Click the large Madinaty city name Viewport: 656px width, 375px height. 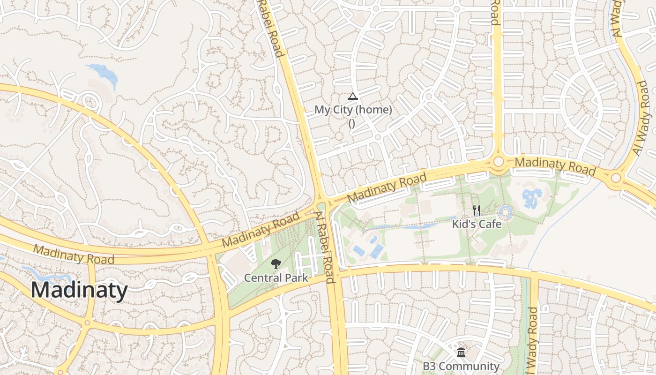click(x=79, y=290)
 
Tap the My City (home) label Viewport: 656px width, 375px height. click(x=353, y=110)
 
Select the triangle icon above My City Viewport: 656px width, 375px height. click(x=353, y=97)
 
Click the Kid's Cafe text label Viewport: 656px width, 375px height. click(x=477, y=224)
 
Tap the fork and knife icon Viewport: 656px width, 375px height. click(x=477, y=210)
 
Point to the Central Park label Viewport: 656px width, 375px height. click(x=276, y=278)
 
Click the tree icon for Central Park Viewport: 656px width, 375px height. click(x=276, y=264)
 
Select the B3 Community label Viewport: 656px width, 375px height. click(x=461, y=366)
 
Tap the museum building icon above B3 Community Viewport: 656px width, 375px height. click(x=461, y=352)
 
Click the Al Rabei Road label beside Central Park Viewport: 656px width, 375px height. click(x=325, y=247)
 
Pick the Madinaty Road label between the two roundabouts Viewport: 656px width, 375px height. click(x=555, y=166)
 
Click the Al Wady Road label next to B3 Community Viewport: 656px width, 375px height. click(x=532, y=340)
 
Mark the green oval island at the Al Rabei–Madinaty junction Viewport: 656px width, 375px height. click(x=321, y=206)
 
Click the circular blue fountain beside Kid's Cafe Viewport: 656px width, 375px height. click(x=505, y=213)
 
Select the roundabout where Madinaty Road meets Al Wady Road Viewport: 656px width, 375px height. click(x=616, y=178)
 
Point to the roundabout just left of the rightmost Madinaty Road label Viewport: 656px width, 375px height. click(x=498, y=162)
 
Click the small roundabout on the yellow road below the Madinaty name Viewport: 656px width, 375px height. click(x=87, y=322)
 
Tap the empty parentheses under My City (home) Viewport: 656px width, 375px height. click(x=352, y=123)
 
